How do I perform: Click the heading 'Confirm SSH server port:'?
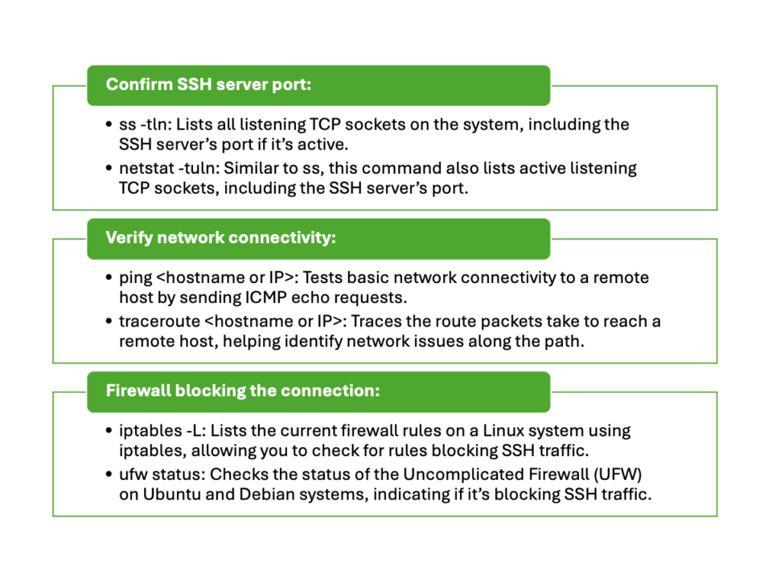(x=208, y=84)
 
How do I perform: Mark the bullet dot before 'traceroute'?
(x=110, y=322)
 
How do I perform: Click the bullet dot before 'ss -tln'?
(x=110, y=125)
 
